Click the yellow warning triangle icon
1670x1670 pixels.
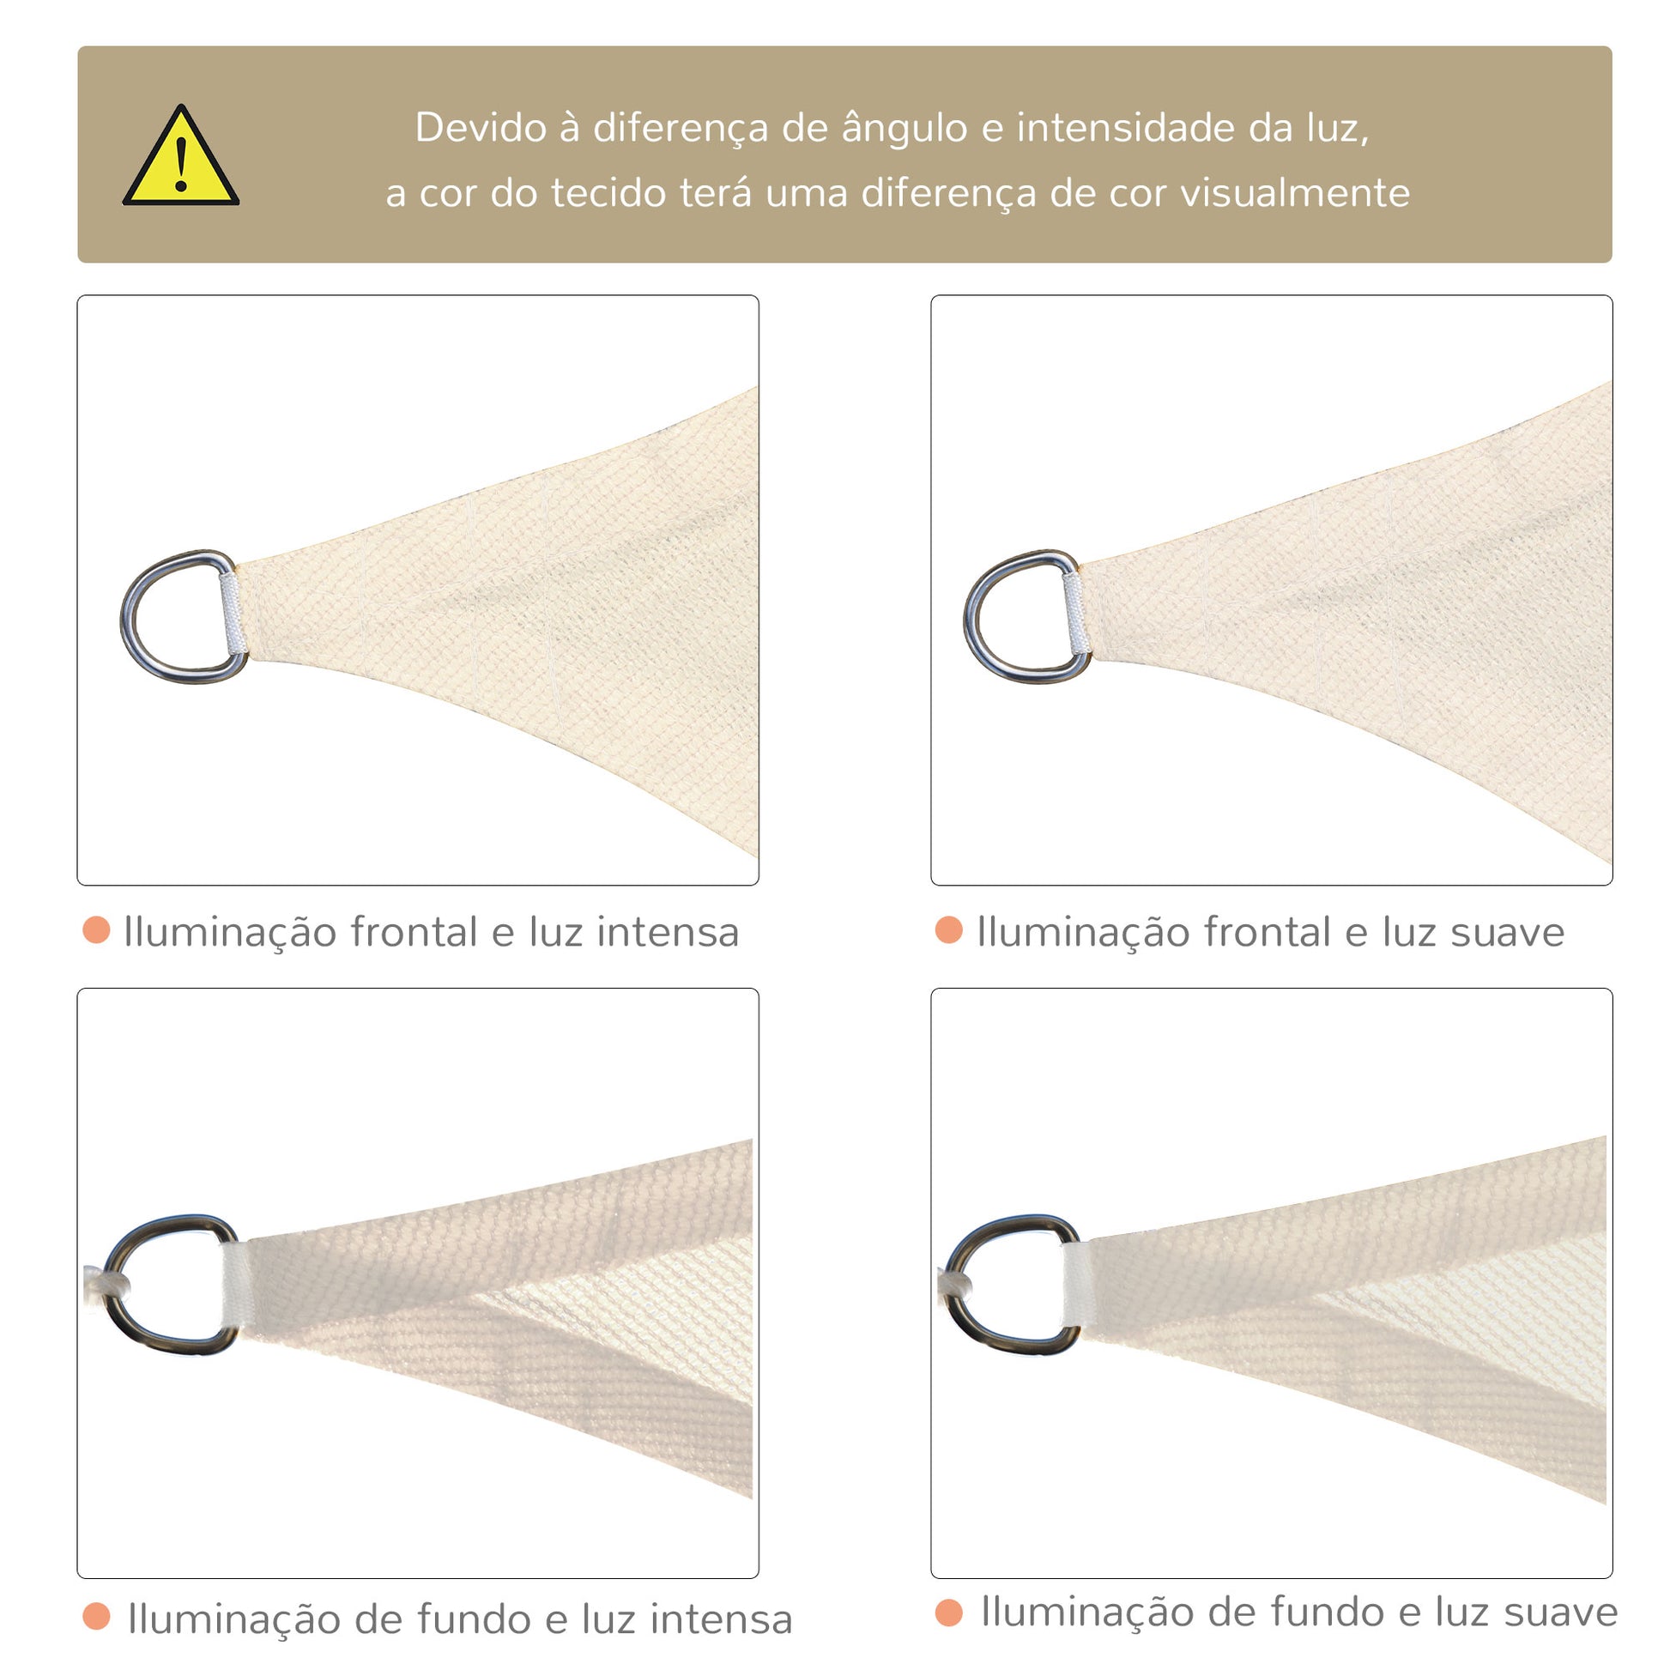(x=181, y=157)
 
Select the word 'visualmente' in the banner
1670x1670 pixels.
(x=1295, y=193)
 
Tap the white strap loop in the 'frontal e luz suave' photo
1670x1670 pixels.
(x=1075, y=614)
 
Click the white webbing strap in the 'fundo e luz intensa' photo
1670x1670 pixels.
(x=236, y=1286)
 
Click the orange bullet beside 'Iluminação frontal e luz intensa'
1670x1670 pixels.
(x=96, y=930)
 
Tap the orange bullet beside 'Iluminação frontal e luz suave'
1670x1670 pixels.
(x=949, y=930)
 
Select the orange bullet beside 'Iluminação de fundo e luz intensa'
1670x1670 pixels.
(x=96, y=1617)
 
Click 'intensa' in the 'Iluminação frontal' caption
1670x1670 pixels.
(x=668, y=932)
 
